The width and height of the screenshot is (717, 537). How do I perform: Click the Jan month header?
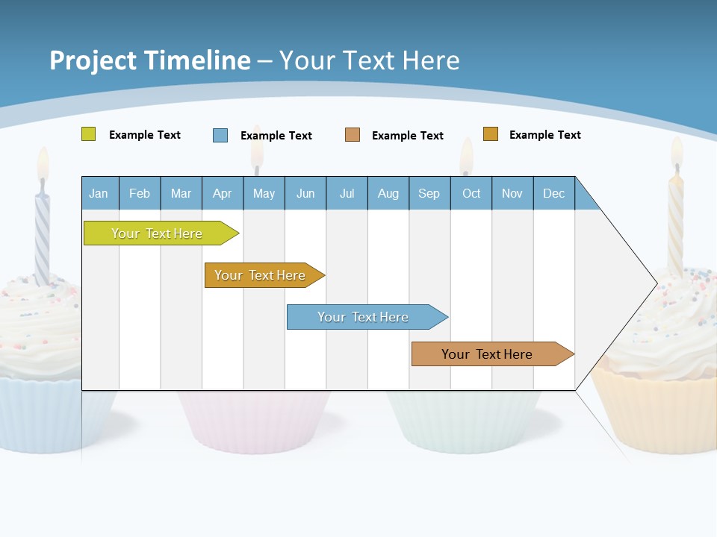pos(99,193)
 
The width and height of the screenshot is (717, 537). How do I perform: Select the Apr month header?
pos(223,193)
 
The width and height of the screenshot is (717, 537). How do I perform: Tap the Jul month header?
pos(347,193)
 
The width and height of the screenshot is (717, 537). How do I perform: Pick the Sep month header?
pos(429,193)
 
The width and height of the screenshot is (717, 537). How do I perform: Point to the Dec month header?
pos(553,193)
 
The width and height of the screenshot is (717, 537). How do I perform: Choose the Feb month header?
pos(140,193)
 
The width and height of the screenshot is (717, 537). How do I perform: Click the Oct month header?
pos(471,193)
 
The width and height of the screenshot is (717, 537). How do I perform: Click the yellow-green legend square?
pos(88,134)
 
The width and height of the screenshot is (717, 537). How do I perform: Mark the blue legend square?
pos(220,135)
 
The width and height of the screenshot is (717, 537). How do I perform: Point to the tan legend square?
pos(353,135)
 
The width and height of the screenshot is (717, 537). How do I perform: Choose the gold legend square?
pos(490,134)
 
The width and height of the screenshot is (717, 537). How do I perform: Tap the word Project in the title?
pos(93,60)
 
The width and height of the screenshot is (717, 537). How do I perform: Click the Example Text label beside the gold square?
pos(544,135)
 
